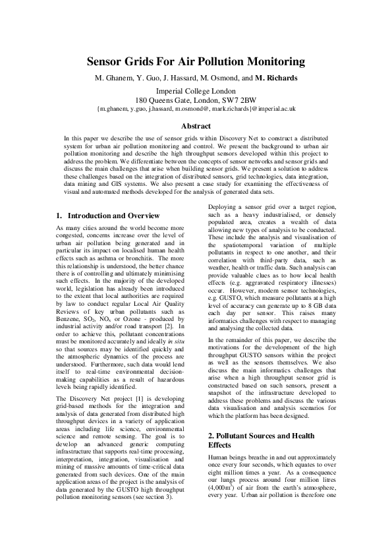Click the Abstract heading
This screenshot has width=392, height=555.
[196, 126]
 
